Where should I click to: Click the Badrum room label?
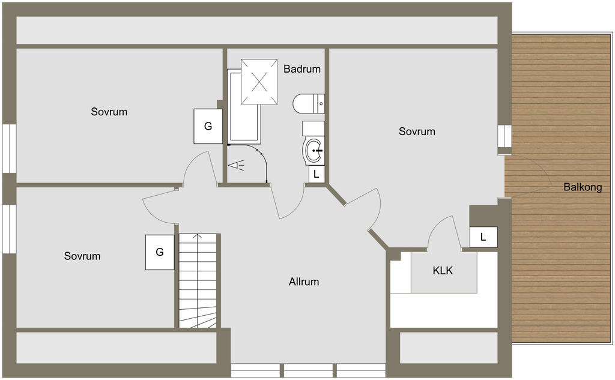302,69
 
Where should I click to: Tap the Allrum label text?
304,282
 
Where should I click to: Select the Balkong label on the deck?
583,187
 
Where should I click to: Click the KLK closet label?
443,270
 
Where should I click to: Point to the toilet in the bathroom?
309,104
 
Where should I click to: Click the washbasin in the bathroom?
314,150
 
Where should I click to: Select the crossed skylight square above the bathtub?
259,82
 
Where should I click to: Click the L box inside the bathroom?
317,174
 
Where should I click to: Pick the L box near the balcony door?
483,237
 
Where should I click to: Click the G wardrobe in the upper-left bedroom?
208,126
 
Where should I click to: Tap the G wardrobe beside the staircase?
160,252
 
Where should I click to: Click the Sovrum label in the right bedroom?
417,131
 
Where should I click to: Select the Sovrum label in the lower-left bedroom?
82,256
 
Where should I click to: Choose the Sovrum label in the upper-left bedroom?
109,112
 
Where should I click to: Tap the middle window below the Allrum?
308,370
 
